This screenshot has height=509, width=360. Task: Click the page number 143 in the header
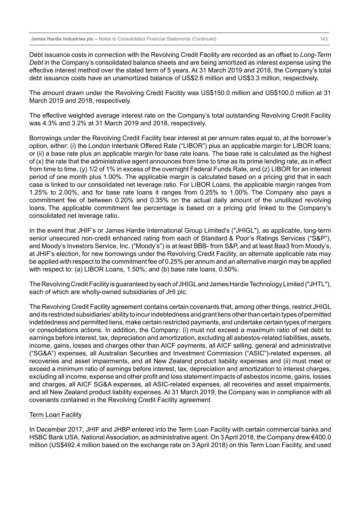(x=323, y=39)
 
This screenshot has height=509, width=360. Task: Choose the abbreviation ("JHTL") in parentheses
(x=317, y=284)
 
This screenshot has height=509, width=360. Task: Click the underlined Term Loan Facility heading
(x=56, y=415)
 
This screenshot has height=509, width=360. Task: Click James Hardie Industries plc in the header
(x=62, y=39)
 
